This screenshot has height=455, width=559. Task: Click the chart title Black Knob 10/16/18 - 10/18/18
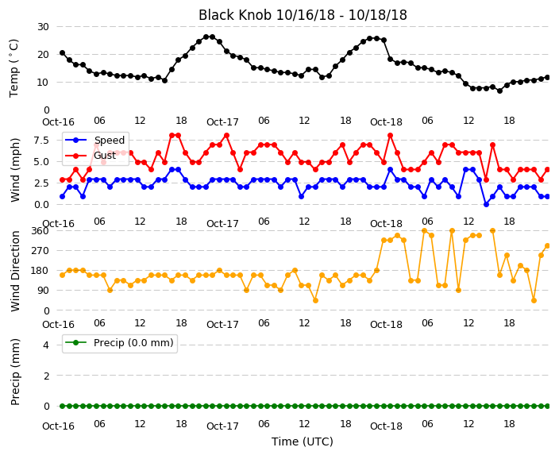pyautogui.click(x=303, y=15)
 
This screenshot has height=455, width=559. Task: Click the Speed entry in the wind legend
pyautogui.click(x=94, y=140)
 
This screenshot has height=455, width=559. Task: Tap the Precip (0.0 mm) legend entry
pyautogui.click(x=119, y=343)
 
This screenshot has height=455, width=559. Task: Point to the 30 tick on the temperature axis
pyautogui.click(x=43, y=27)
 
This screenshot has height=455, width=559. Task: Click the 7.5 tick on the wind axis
pyautogui.click(x=41, y=140)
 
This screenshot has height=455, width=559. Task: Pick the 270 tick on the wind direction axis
pyautogui.click(x=40, y=250)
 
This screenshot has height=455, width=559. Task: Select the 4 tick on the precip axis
pyautogui.click(x=46, y=345)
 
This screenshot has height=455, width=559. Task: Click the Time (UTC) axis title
pyautogui.click(x=303, y=442)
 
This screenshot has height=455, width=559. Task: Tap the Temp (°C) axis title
pyautogui.click(x=14, y=68)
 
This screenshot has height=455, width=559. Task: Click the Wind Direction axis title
pyautogui.click(x=15, y=271)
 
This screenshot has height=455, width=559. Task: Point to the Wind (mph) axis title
pyautogui.click(x=15, y=170)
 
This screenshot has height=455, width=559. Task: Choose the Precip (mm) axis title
pyautogui.click(x=15, y=372)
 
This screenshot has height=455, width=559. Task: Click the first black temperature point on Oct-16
pyautogui.click(x=63, y=52)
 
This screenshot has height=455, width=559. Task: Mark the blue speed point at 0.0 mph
pyautogui.click(x=486, y=204)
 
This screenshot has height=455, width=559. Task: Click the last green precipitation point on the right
pyautogui.click(x=548, y=406)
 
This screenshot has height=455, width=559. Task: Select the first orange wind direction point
pyautogui.click(x=63, y=275)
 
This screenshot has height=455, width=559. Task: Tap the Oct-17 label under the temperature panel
pyautogui.click(x=222, y=122)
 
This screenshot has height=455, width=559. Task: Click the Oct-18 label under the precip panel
pyautogui.click(x=386, y=426)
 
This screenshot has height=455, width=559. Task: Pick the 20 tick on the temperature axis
pyautogui.click(x=43, y=55)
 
